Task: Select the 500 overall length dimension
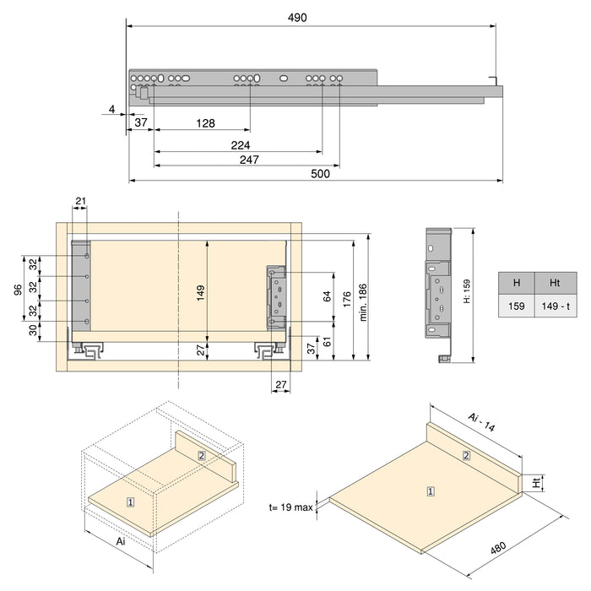pos(321,173)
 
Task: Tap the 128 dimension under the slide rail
pos(204,123)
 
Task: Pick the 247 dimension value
pos(248,160)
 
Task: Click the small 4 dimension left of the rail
pos(111,109)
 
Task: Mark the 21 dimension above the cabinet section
pos(80,200)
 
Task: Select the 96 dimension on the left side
pos(17,289)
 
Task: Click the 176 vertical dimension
pos(347,298)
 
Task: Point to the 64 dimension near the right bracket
pos(327,295)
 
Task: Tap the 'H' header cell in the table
pos(516,283)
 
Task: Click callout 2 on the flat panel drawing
pos(466,456)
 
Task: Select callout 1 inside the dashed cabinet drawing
pos(130,502)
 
